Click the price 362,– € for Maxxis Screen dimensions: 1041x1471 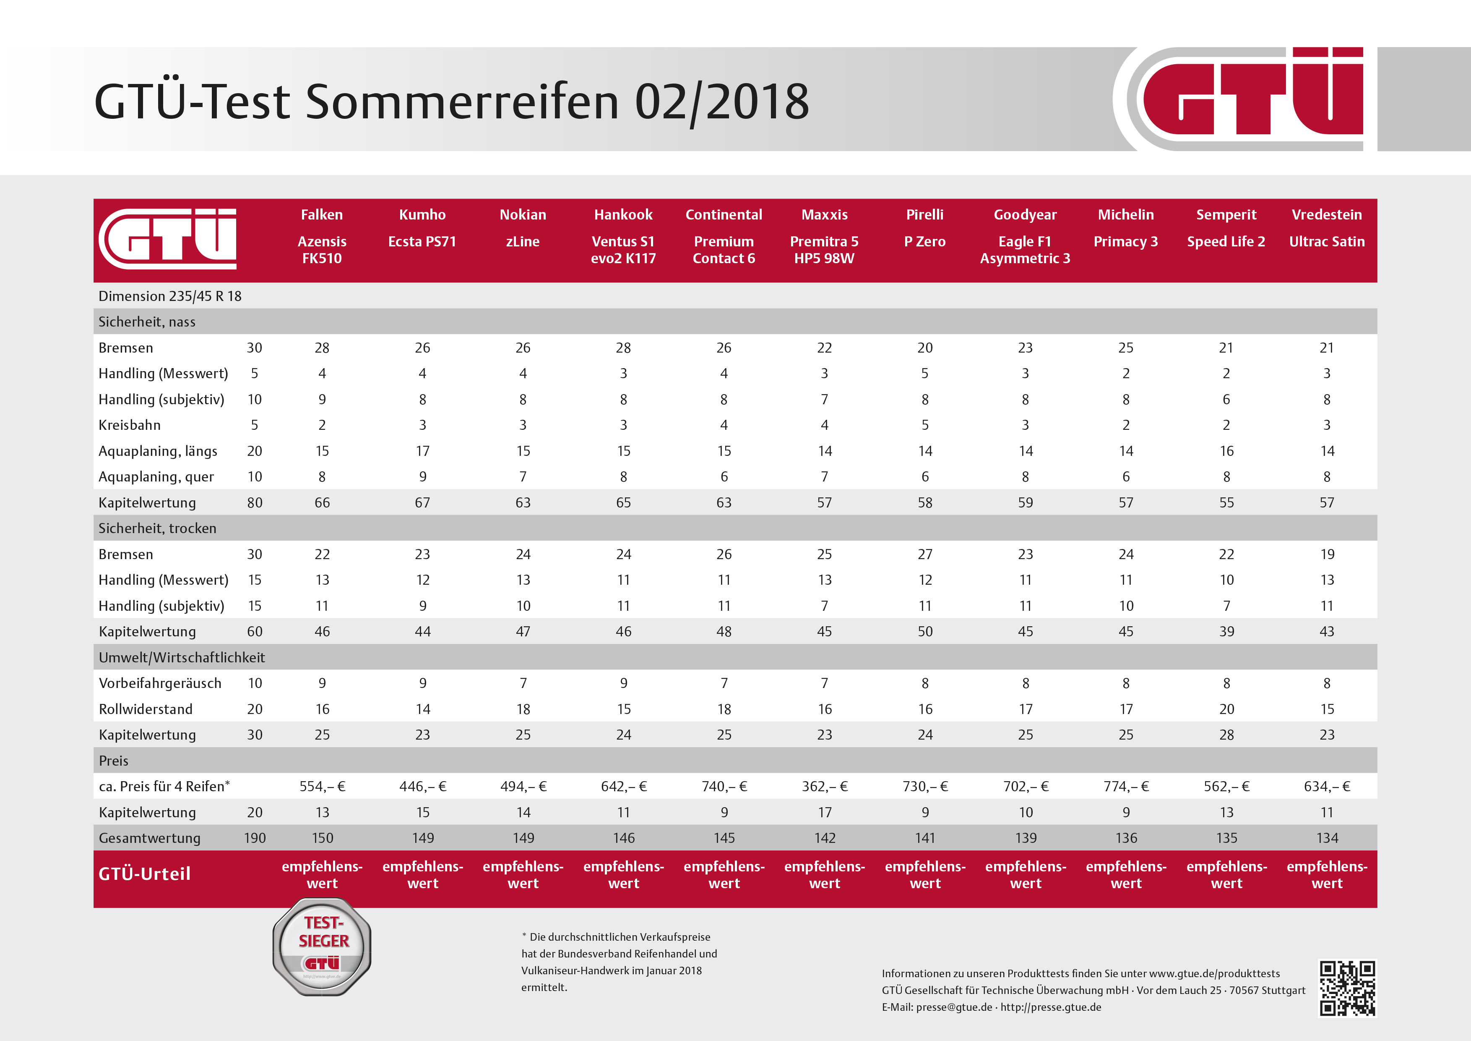[825, 787]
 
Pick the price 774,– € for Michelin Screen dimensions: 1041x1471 [1126, 787]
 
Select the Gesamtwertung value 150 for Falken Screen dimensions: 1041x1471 [322, 838]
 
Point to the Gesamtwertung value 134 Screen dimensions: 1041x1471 [1327, 838]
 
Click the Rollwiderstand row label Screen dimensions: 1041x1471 [146, 709]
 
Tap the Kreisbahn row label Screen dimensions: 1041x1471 [130, 425]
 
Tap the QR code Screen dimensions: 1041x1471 [1347, 988]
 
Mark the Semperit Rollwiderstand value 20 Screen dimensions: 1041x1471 [1226, 709]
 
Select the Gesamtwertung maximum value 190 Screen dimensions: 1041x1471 [254, 838]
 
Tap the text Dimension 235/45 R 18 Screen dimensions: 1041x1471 [170, 296]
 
